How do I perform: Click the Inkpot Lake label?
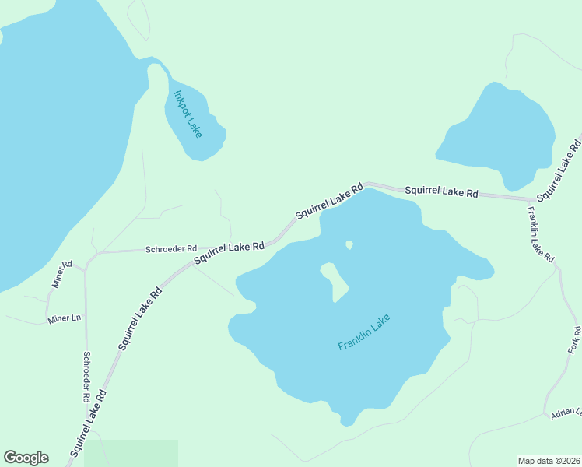188,114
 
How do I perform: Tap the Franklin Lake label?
363,332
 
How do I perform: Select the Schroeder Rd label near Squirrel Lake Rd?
171,249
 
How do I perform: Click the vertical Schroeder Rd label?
86,377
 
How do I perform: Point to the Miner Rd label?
61,275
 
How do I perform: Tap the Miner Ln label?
64,318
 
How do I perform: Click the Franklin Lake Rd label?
540,233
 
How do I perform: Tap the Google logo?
26,458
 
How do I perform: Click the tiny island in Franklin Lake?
349,245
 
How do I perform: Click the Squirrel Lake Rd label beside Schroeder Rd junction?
229,252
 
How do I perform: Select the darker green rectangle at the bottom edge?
131,453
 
